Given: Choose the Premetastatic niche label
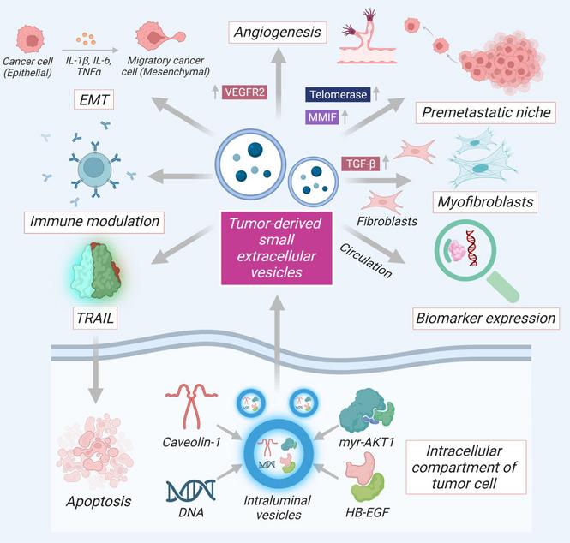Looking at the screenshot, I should [486, 112].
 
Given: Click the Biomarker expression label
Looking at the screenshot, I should [485, 318].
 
